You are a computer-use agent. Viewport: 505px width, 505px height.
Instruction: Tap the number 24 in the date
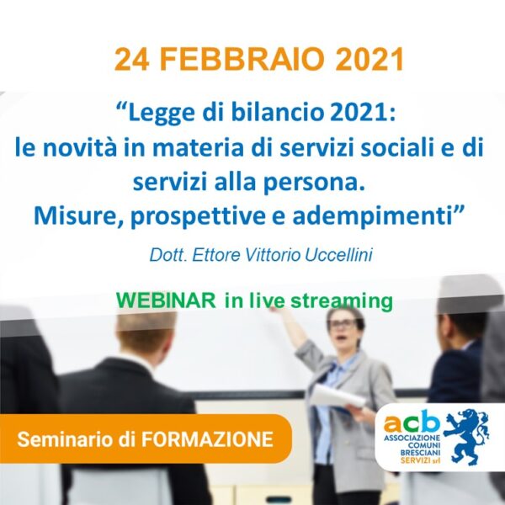point(132,60)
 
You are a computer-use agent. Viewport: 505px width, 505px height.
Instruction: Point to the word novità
point(80,148)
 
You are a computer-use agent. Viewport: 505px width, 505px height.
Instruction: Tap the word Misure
point(75,215)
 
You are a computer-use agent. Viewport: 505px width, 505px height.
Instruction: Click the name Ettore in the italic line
point(216,255)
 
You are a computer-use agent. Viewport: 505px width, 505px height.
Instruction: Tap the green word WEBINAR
point(166,300)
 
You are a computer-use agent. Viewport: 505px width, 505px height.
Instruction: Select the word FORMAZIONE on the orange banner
point(207,439)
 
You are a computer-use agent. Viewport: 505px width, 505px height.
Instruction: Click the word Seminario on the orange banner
point(66,439)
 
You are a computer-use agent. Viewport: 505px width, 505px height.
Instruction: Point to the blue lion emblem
point(466,436)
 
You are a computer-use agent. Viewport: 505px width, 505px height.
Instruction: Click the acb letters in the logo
point(412,422)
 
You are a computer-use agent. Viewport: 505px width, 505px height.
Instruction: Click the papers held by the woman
point(338,397)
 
